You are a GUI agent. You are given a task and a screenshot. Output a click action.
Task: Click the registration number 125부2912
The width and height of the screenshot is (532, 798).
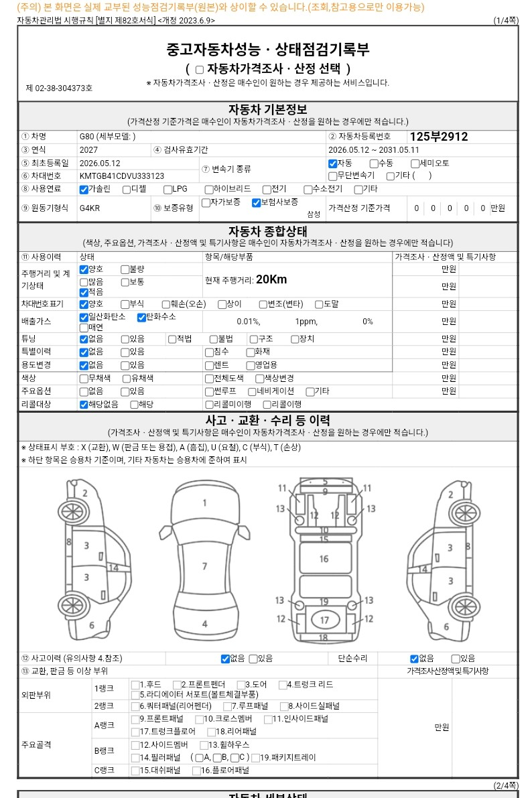coord(438,137)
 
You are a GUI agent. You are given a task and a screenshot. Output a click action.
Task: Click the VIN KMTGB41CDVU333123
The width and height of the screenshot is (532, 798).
coord(122,176)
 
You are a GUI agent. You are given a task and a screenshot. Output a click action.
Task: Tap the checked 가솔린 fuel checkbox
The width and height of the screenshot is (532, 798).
coord(84,190)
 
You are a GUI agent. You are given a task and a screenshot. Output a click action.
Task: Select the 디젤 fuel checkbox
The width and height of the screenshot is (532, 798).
coord(127,190)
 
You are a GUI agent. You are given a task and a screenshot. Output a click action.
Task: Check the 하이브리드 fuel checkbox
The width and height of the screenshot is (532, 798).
coord(209,190)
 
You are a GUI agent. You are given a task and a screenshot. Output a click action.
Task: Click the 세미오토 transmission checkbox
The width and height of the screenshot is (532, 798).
coord(415,164)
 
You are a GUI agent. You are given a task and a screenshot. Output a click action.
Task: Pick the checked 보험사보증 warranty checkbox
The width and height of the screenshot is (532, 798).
coord(257,203)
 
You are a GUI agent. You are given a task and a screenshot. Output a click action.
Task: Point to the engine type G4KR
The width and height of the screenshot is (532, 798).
coord(90,208)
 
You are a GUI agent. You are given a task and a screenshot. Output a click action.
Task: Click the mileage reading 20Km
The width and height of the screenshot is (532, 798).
coord(271,279)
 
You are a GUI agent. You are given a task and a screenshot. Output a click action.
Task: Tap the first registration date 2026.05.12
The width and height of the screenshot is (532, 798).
coord(100,163)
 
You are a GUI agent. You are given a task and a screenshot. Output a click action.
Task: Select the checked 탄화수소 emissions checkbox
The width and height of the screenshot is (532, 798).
coord(141,318)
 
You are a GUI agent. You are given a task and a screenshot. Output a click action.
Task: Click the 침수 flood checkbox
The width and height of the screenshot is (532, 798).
coord(209,352)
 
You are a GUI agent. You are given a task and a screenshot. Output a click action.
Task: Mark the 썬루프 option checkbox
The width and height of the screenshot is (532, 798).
coord(209,392)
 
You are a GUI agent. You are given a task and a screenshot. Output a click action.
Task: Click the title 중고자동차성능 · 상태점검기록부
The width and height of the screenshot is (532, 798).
coord(268,50)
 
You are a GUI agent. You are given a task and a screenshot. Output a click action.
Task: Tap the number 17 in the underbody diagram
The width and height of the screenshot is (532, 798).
coord(324,620)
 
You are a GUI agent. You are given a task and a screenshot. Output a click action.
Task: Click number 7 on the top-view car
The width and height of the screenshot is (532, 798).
coord(204,566)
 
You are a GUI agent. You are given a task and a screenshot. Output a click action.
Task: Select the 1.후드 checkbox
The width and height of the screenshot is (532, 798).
coord(135,685)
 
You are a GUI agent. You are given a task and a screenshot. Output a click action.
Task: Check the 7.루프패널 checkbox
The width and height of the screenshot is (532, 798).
coord(228,706)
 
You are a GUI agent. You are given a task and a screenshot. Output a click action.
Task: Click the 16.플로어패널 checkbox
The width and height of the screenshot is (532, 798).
coord(196,771)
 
